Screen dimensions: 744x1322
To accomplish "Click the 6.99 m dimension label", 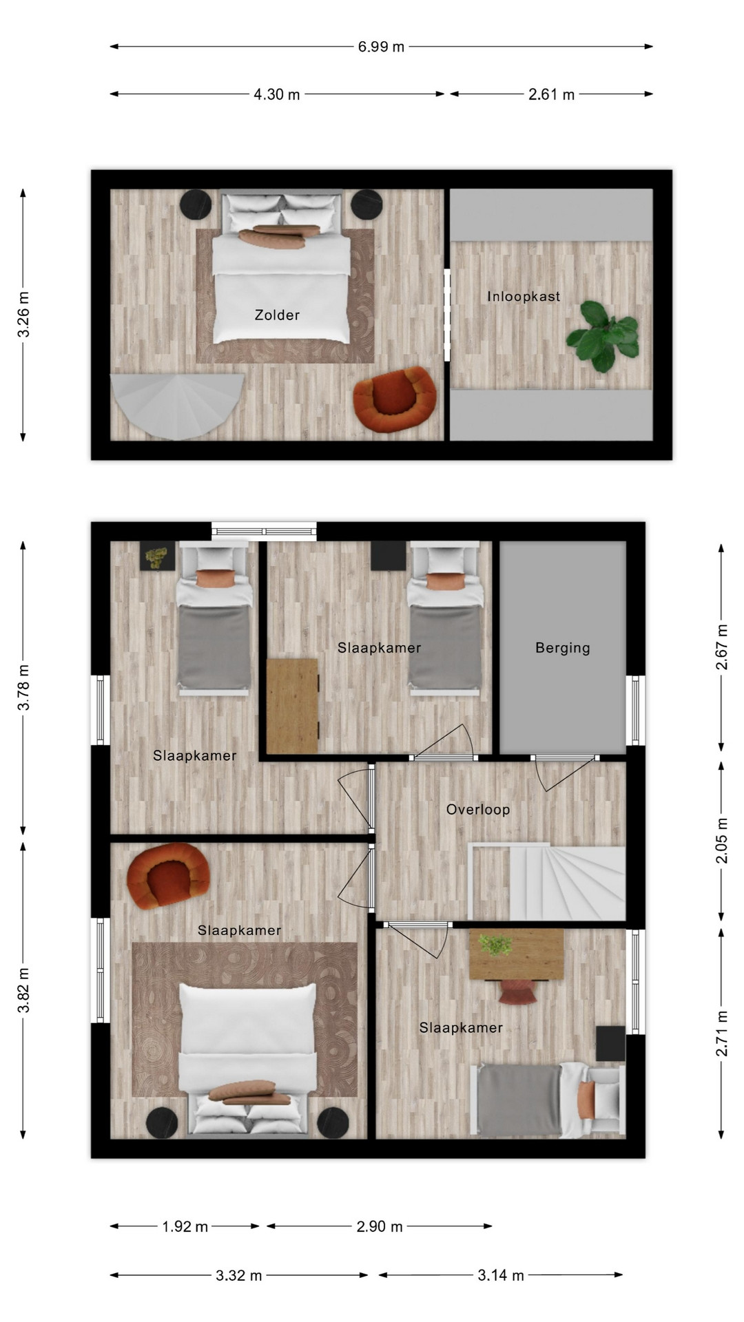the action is [x=381, y=47].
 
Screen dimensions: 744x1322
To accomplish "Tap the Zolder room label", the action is [x=277, y=315].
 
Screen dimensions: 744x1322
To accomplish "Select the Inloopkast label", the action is [x=524, y=297].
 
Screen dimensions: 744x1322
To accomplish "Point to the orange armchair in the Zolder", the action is [x=394, y=399].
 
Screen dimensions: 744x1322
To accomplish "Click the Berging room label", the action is [x=563, y=648].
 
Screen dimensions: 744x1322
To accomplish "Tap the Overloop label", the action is [x=478, y=810].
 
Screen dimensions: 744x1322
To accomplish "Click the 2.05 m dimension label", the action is [x=721, y=840].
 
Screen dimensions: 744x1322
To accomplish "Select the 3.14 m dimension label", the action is [x=501, y=1276].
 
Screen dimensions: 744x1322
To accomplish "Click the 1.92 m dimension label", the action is [x=185, y=1227].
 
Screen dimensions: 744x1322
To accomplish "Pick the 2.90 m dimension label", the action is [x=380, y=1227].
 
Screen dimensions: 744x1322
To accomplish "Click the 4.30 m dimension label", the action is [x=277, y=94].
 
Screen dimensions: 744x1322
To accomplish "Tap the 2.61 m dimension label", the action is [x=551, y=94].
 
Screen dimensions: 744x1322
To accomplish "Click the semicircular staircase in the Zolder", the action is [x=178, y=405].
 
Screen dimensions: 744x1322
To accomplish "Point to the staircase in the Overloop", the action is [x=547, y=882].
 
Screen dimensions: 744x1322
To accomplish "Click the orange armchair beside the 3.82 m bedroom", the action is [x=168, y=876].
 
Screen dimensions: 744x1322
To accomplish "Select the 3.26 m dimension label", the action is [x=23, y=315].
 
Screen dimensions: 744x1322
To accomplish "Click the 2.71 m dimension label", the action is [x=721, y=1034].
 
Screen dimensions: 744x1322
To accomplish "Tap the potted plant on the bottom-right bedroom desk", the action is [x=495, y=945].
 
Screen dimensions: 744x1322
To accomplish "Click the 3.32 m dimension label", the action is [x=238, y=1276].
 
